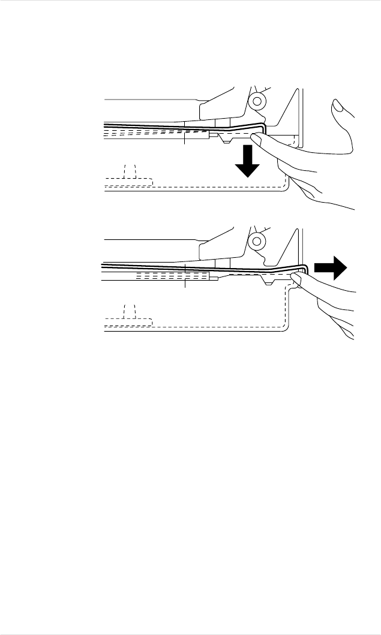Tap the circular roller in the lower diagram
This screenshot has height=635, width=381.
coord(257,241)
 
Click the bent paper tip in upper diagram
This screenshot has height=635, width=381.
coord(262,127)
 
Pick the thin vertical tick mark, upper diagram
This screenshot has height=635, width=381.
coord(185,137)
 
